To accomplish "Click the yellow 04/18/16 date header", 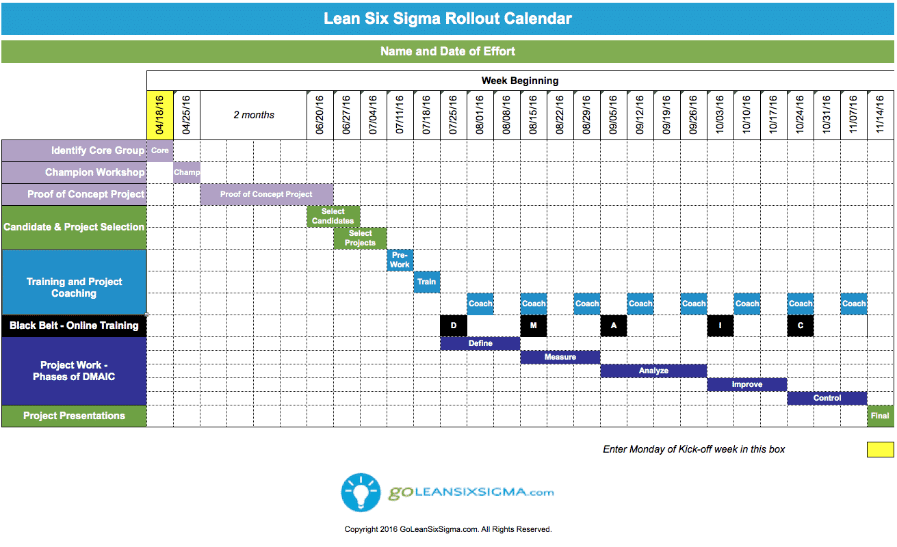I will click(160, 115).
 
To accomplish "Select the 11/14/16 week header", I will click(880, 115).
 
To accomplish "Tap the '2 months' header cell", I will click(254, 115).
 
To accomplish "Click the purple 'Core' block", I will click(160, 150).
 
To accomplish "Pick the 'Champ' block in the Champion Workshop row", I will click(187, 172).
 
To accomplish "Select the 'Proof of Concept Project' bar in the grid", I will click(266, 194).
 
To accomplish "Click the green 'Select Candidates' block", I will click(333, 216).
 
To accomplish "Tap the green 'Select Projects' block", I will click(360, 238).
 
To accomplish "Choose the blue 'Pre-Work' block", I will click(400, 260).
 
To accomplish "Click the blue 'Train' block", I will click(427, 282).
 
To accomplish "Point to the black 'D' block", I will click(454, 325).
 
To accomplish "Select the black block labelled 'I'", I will click(720, 325).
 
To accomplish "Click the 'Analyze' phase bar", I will click(653, 371).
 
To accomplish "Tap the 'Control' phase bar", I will click(827, 398).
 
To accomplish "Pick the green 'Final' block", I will click(880, 416).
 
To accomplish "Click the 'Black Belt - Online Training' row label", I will click(74, 325).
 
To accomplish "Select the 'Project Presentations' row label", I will click(74, 416).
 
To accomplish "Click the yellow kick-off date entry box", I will click(880, 449).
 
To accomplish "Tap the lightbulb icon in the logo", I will click(361, 492).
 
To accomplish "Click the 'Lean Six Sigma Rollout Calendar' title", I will click(447, 18).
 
